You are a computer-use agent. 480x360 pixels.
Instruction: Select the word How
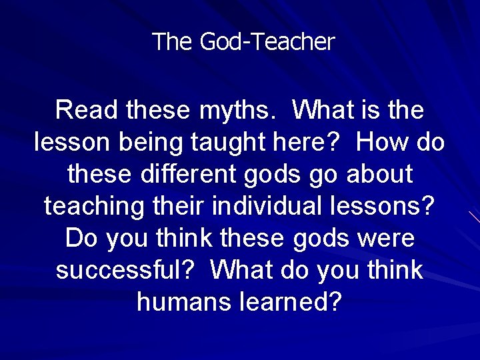pos(382,142)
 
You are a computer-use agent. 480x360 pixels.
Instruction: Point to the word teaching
pos(93,206)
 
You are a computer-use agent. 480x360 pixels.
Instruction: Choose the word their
pos(178,206)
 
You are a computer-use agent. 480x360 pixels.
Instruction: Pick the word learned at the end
pos(290,302)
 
